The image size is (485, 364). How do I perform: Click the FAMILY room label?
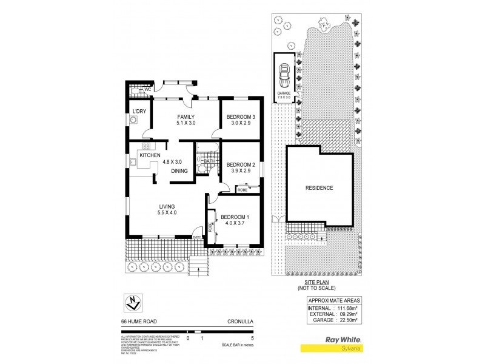click(186, 116)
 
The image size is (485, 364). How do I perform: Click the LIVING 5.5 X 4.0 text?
click(167, 213)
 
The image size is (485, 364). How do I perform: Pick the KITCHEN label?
click(150, 156)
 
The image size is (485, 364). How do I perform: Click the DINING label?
click(179, 171)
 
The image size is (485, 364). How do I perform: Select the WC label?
click(147, 90)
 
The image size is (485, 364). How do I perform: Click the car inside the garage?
click(283, 75)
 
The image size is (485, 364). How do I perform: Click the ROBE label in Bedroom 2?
click(241, 189)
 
